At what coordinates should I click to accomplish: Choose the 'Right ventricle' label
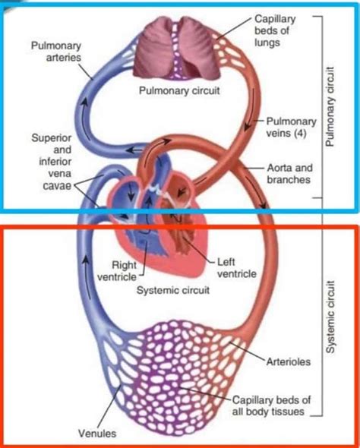(x=124, y=271)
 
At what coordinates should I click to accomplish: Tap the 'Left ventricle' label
(x=236, y=267)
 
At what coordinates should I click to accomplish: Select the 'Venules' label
(x=97, y=434)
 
